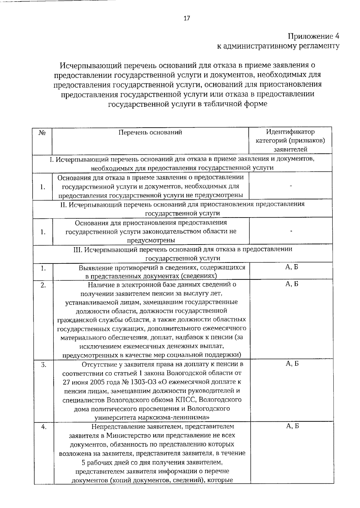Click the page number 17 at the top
point(186,19)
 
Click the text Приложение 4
point(313,37)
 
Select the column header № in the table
point(42,132)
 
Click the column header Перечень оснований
point(150,132)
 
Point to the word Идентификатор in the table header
point(290,132)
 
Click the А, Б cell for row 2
point(292,284)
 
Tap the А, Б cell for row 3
point(292,364)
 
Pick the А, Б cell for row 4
point(292,426)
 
